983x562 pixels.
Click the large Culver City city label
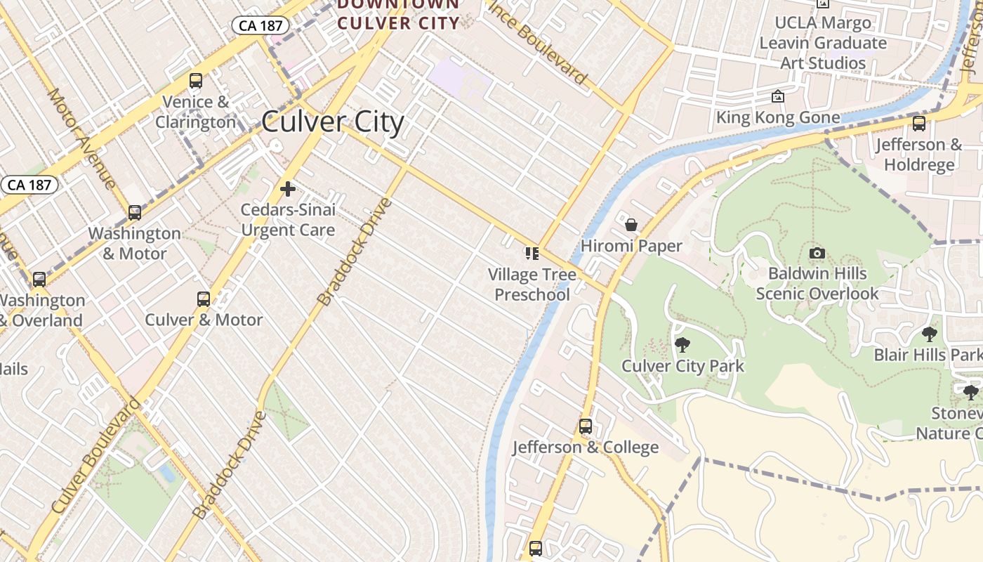click(333, 122)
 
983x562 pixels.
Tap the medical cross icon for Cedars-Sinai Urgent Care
click(287, 189)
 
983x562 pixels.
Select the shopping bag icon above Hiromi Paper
click(631, 225)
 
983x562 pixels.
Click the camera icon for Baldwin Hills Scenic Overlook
click(817, 253)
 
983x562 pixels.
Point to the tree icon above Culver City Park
click(682, 345)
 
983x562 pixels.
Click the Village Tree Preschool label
click(532, 285)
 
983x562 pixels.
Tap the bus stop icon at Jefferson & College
click(585, 426)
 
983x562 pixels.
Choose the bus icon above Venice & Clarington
click(196, 81)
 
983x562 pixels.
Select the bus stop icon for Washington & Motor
click(134, 212)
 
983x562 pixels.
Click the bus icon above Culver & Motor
click(204, 299)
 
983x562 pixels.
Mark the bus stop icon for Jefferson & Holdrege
click(918, 124)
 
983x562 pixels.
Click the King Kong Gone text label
click(778, 117)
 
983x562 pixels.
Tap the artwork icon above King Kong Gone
click(778, 96)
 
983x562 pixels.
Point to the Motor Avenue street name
click(81, 138)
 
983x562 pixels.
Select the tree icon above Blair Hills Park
click(930, 334)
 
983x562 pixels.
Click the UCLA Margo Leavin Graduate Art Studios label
click(823, 43)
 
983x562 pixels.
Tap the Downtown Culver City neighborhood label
click(398, 15)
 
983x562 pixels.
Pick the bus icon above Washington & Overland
click(39, 280)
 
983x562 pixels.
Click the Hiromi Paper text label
click(631, 246)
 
